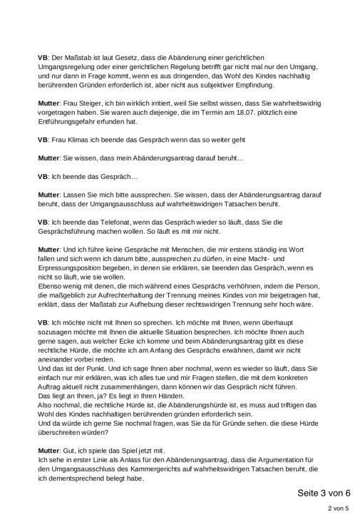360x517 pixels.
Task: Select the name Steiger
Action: [92, 104]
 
